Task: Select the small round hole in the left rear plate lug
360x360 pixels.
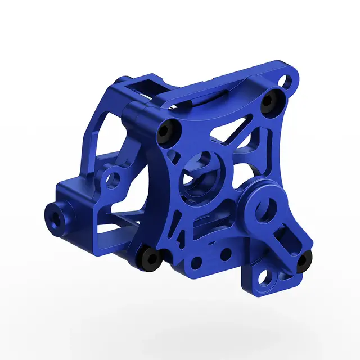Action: click(x=114, y=181)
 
